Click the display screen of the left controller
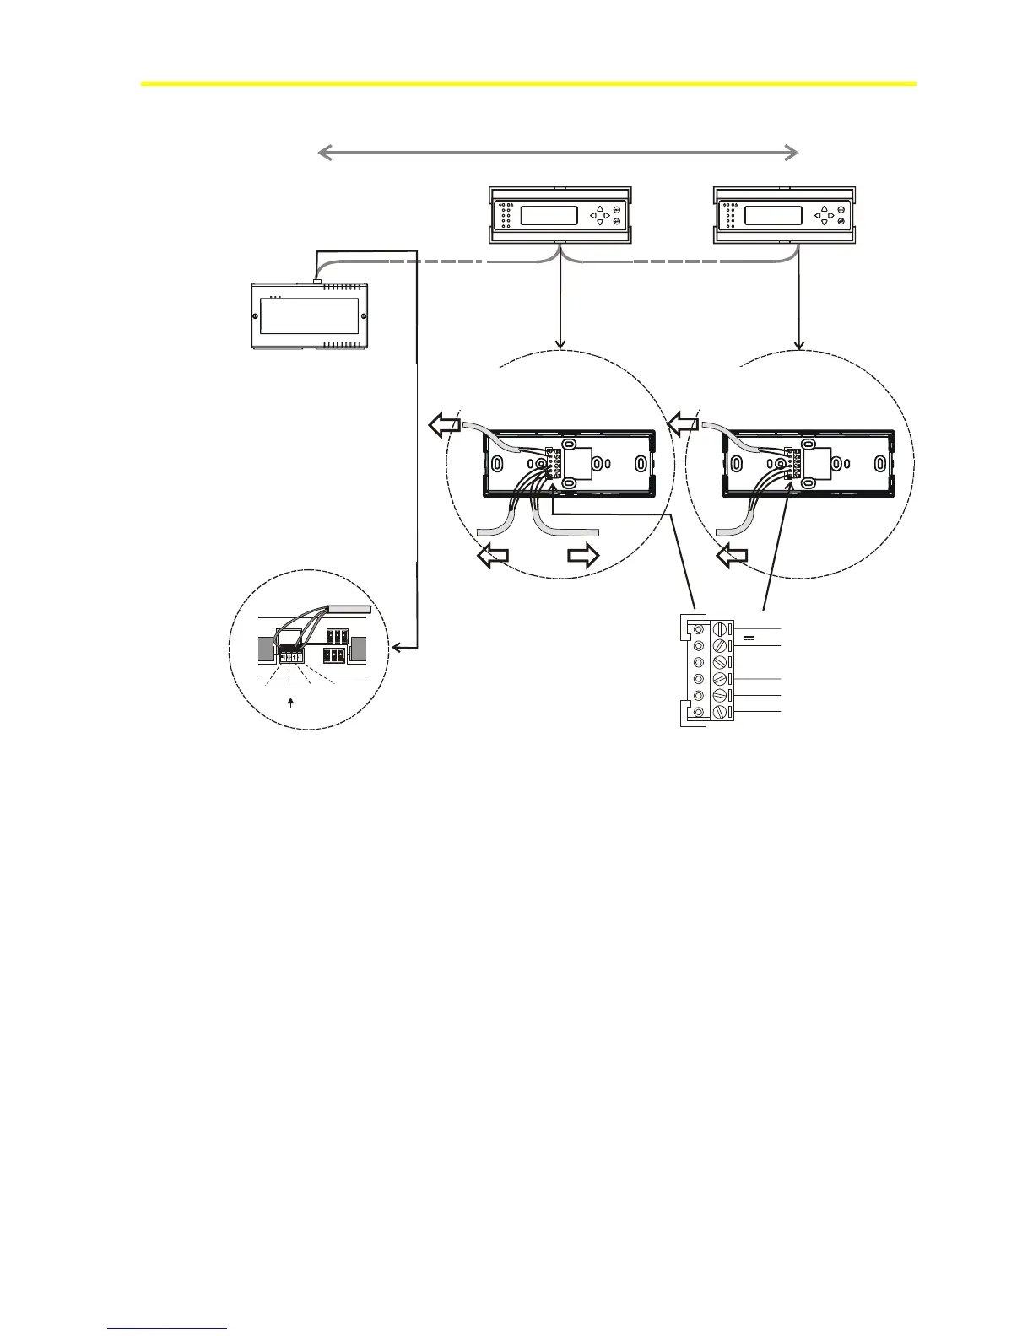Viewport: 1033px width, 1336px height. point(549,215)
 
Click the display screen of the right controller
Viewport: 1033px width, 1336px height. point(773,215)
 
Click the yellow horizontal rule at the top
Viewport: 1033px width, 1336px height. point(528,83)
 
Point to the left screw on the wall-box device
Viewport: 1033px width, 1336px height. point(255,317)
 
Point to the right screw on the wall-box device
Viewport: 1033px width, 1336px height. point(364,317)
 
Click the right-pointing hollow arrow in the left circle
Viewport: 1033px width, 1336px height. point(582,555)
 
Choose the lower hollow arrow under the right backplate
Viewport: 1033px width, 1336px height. point(732,555)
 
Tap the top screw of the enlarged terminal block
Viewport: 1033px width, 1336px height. point(720,629)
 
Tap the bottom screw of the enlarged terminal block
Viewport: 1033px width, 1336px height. point(720,713)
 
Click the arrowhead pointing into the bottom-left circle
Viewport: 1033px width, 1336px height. point(395,649)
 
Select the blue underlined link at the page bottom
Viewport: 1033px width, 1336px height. point(168,1329)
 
